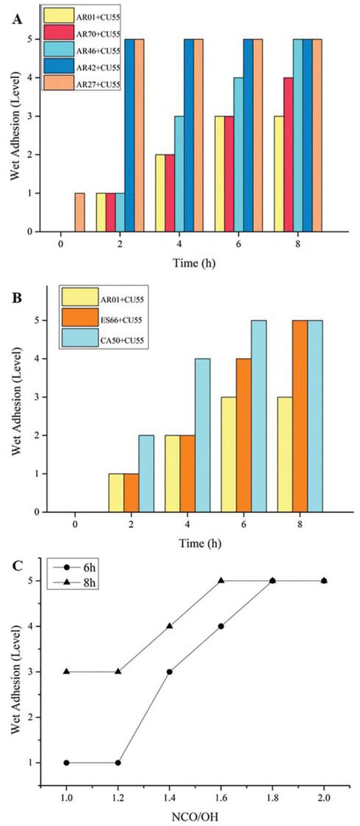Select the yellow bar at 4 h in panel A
(x=160, y=193)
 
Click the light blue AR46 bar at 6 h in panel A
(x=238, y=154)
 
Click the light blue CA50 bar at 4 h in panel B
(x=202, y=435)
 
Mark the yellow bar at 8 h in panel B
(x=284, y=454)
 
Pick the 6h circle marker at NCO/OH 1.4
(x=169, y=672)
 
